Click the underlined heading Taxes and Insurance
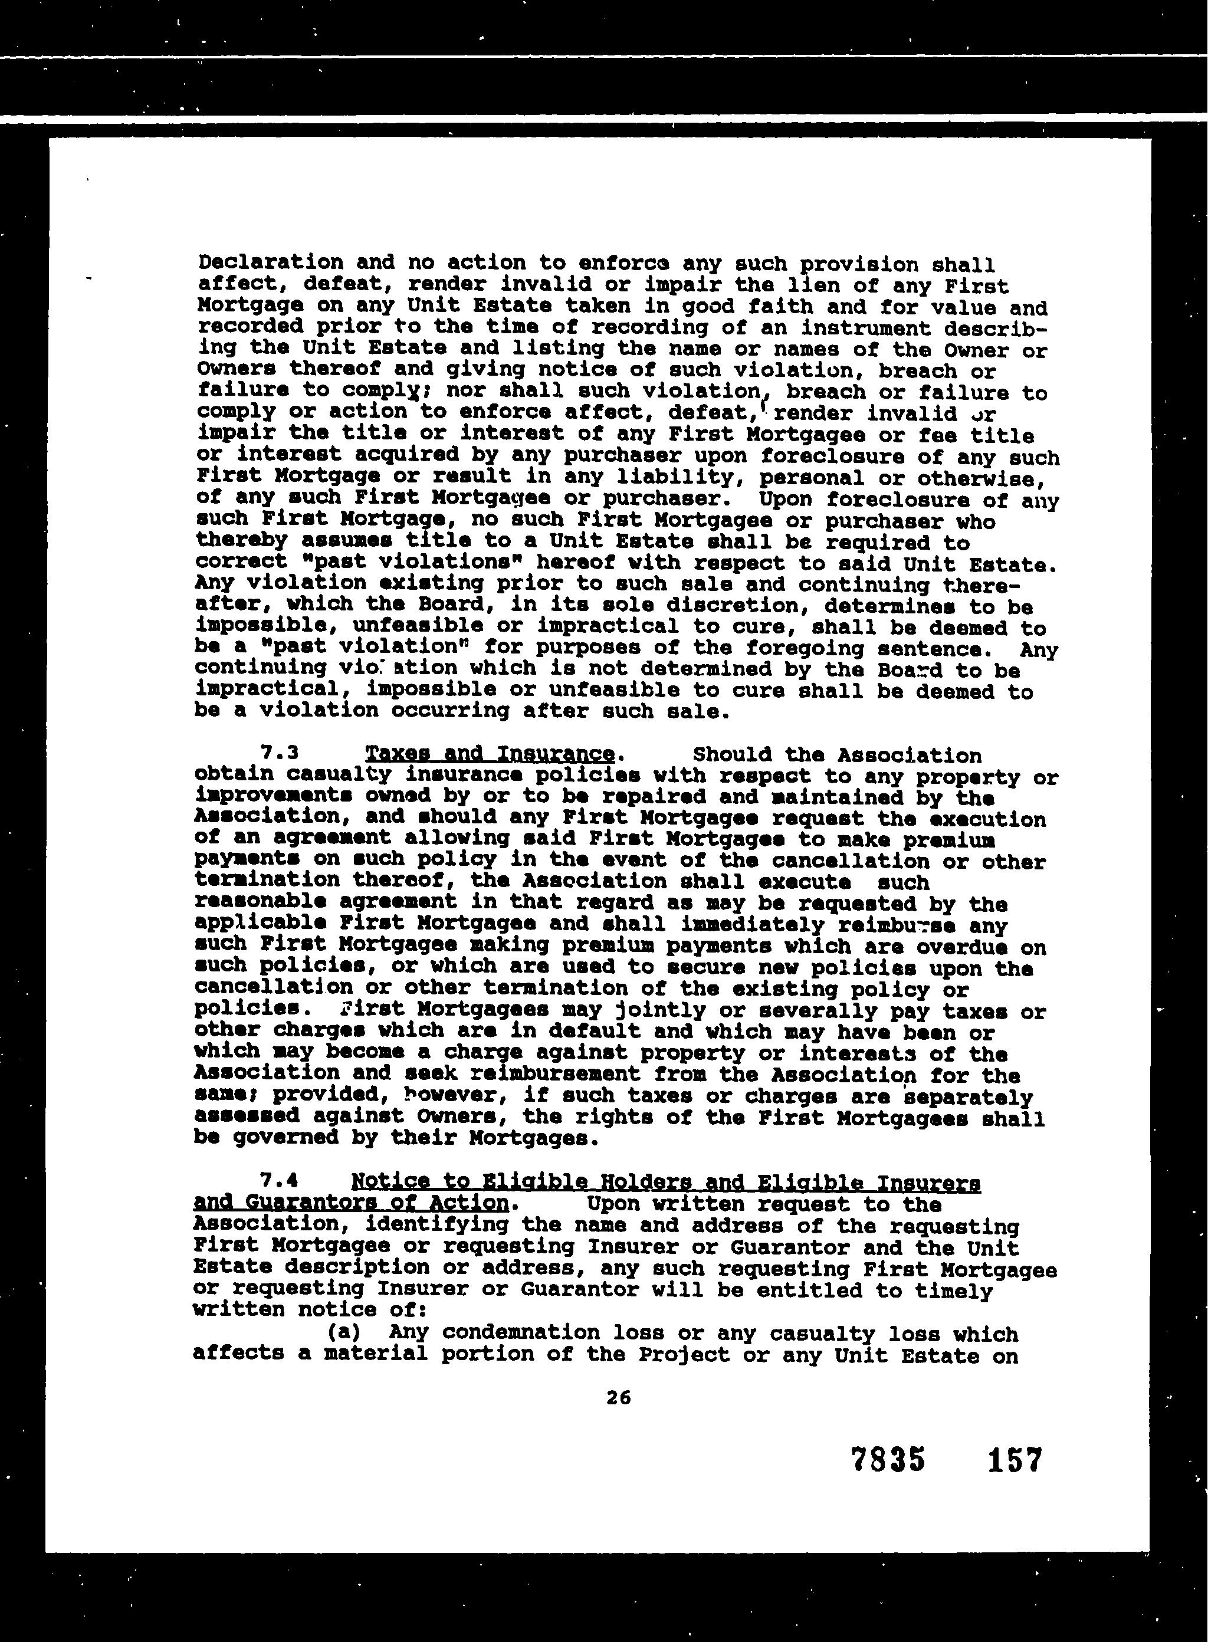[489, 753]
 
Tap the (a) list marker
[344, 1332]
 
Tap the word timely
[953, 1290]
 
